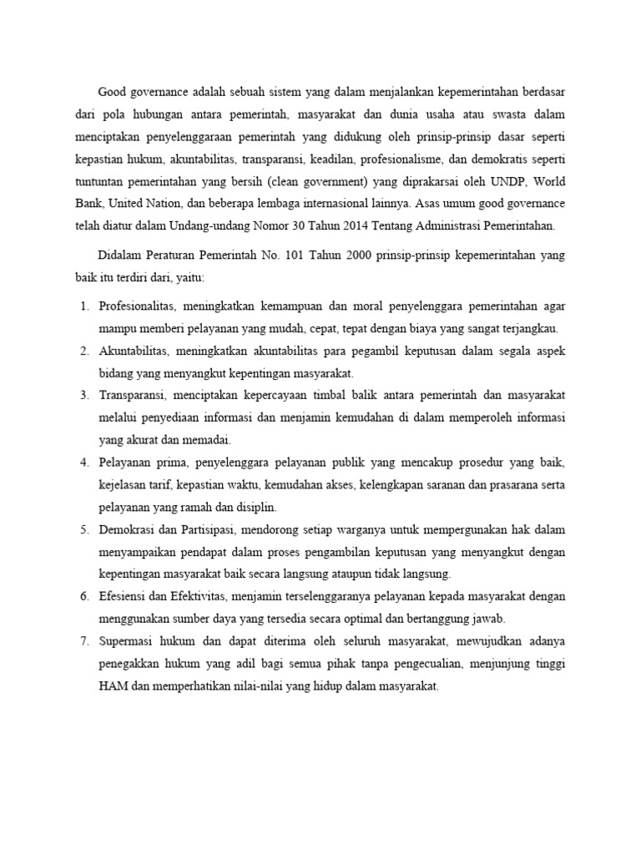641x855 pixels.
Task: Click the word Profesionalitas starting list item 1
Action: click(135, 307)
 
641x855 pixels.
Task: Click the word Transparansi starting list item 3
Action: click(132, 395)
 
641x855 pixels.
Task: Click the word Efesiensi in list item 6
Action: click(124, 596)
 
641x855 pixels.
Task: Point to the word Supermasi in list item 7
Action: click(127, 641)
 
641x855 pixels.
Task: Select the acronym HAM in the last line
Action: click(113, 686)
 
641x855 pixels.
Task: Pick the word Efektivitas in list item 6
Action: click(200, 596)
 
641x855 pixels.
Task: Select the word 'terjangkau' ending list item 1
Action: click(531, 329)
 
